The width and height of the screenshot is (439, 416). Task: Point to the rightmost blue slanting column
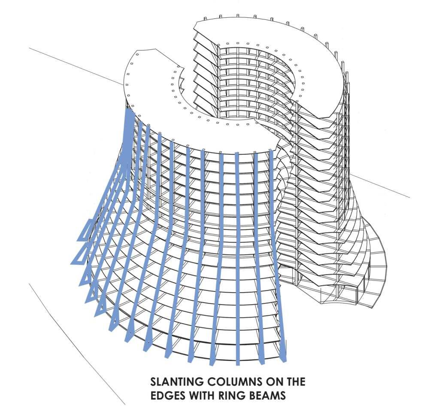(x=278, y=258)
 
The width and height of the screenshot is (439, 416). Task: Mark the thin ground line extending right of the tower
(x=382, y=187)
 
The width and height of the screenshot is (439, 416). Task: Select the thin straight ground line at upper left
(x=73, y=64)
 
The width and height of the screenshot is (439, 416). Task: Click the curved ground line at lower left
(x=69, y=335)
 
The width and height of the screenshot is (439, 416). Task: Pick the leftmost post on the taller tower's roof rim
(x=205, y=19)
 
